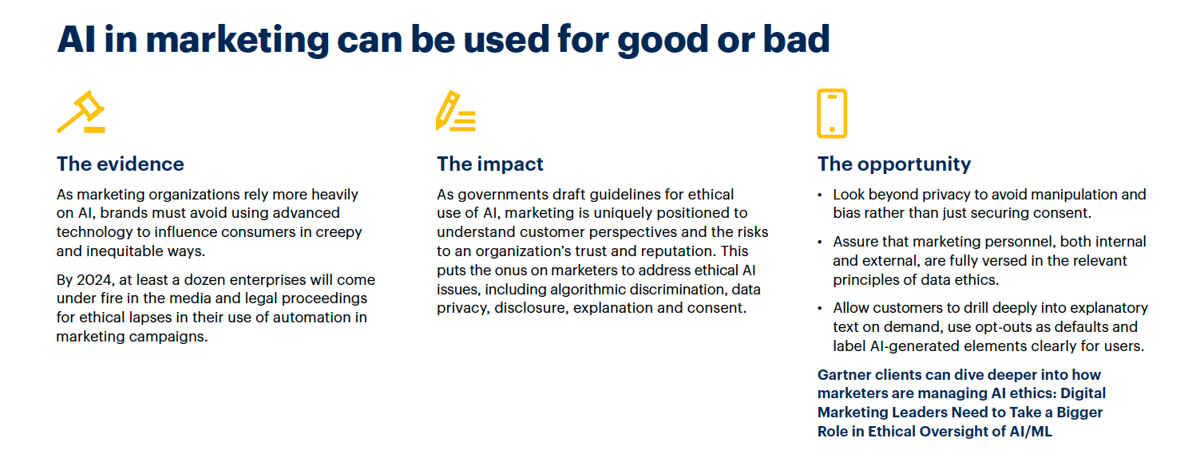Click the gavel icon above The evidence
pyautogui.click(x=81, y=112)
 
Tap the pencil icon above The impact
pyautogui.click(x=455, y=111)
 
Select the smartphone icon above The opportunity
pyautogui.click(x=832, y=113)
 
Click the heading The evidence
pyautogui.click(x=121, y=164)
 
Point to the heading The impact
pyautogui.click(x=489, y=164)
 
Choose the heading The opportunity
pyautogui.click(x=894, y=164)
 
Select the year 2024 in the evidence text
pyautogui.click(x=93, y=280)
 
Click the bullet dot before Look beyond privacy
pyautogui.click(x=820, y=195)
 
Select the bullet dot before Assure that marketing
pyautogui.click(x=820, y=243)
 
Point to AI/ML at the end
pyautogui.click(x=1031, y=432)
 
